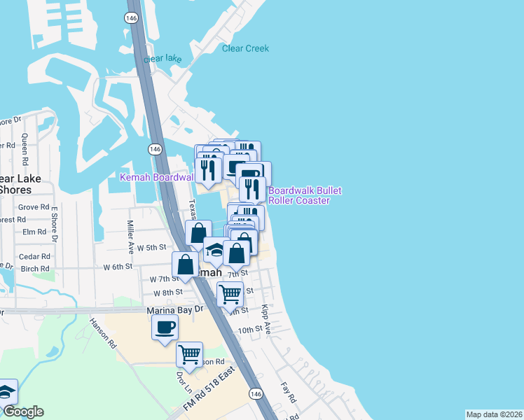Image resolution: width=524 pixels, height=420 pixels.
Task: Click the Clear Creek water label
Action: coord(245,48)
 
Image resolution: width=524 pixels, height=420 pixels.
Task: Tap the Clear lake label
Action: coord(163,59)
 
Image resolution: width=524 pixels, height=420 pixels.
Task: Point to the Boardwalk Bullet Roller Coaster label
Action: coord(299,195)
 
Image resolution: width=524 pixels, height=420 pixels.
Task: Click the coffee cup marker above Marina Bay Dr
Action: coord(165,328)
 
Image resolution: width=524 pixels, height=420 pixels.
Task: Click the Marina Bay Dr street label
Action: coord(174,309)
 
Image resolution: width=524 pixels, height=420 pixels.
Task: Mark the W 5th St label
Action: coord(151,247)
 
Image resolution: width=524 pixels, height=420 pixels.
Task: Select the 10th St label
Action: coord(249,328)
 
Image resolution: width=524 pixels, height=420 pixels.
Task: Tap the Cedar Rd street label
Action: coord(34,256)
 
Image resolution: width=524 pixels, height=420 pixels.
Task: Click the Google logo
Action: coord(23,412)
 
